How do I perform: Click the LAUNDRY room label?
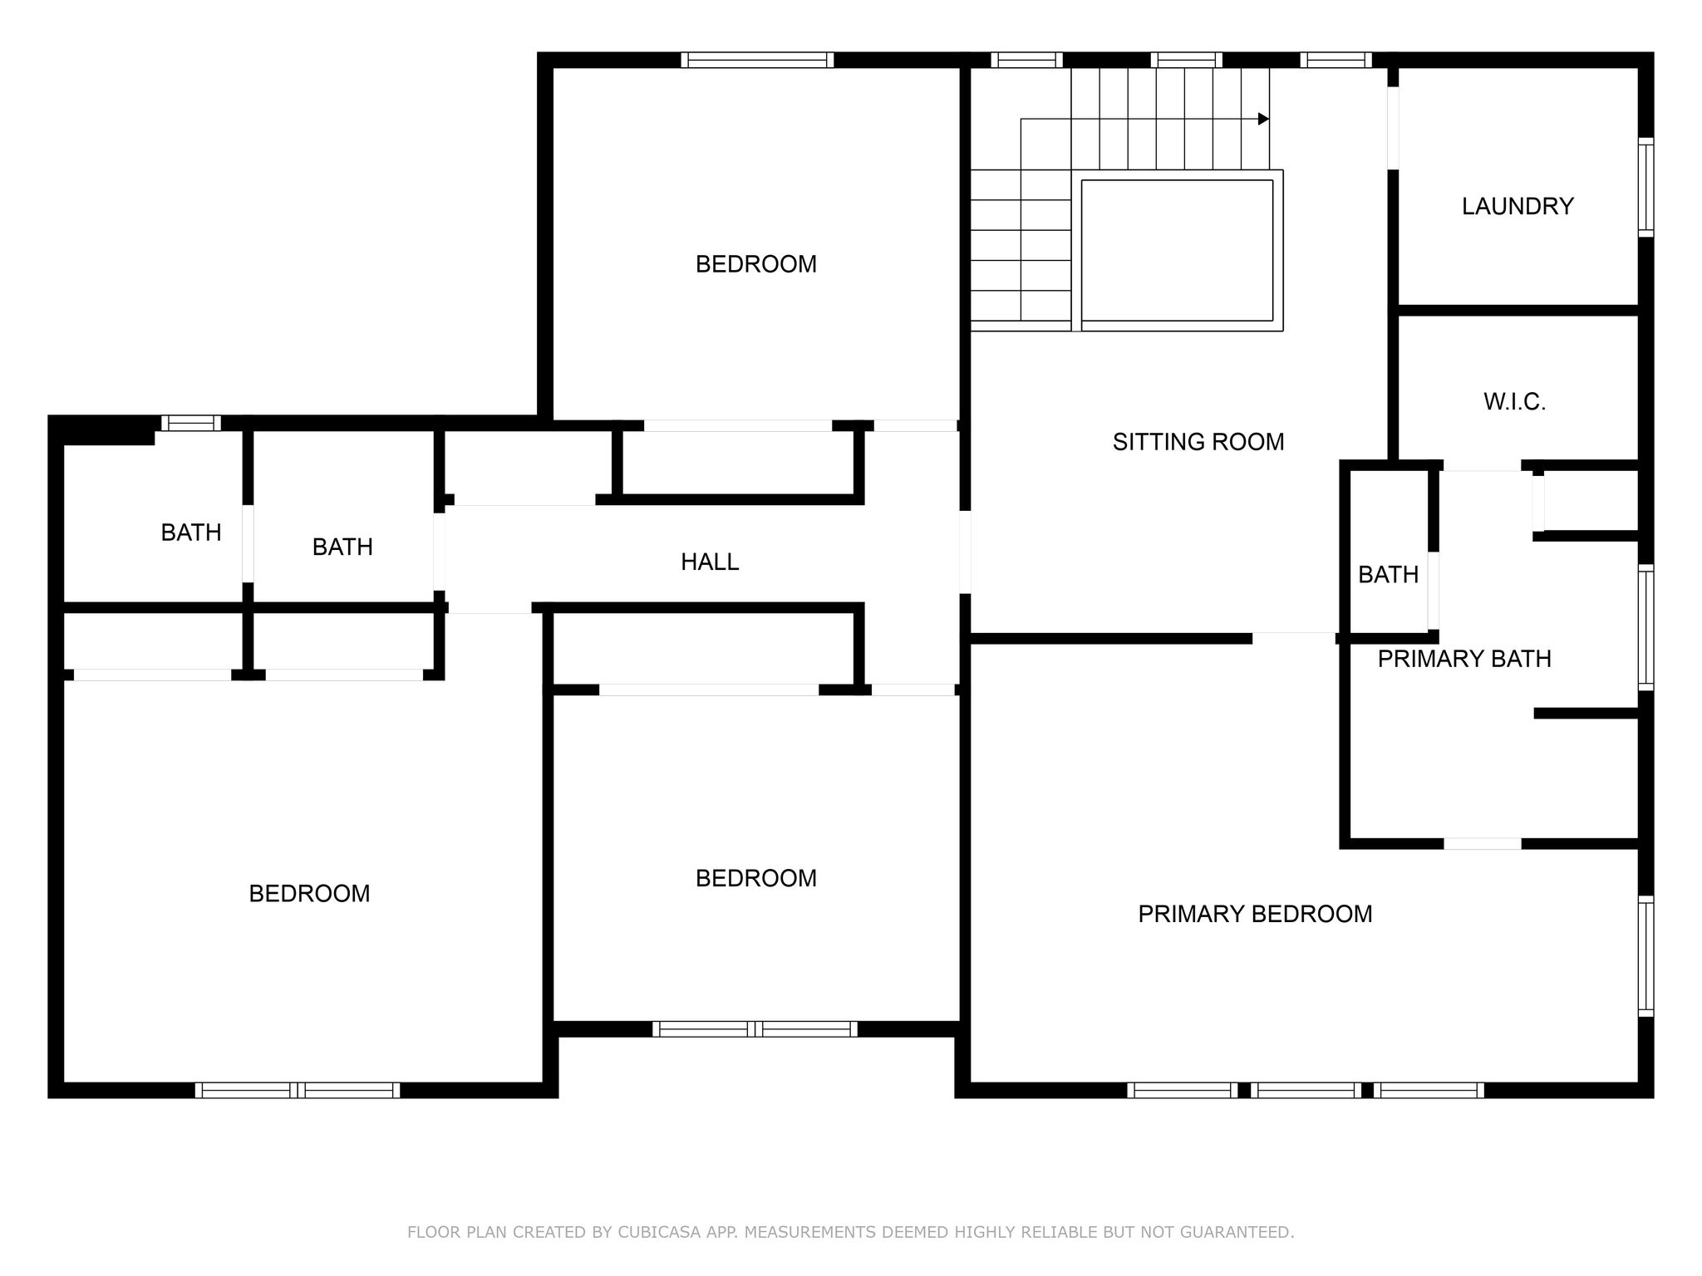1518,206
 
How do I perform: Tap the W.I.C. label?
1514,402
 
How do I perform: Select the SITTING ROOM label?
1198,442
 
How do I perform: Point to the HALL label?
710,562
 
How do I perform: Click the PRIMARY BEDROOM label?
1255,914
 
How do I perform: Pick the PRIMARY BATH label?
1464,659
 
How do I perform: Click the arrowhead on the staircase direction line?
1264,119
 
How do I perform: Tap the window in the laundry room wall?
1645,187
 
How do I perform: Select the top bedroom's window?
757,60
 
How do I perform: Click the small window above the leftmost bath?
191,423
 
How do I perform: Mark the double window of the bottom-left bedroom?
298,1090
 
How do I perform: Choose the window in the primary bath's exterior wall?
1645,627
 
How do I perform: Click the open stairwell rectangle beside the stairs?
1177,250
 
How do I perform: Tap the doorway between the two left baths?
248,543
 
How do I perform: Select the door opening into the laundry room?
1393,128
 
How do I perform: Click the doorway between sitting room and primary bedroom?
1294,638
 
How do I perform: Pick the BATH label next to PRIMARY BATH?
1388,575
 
